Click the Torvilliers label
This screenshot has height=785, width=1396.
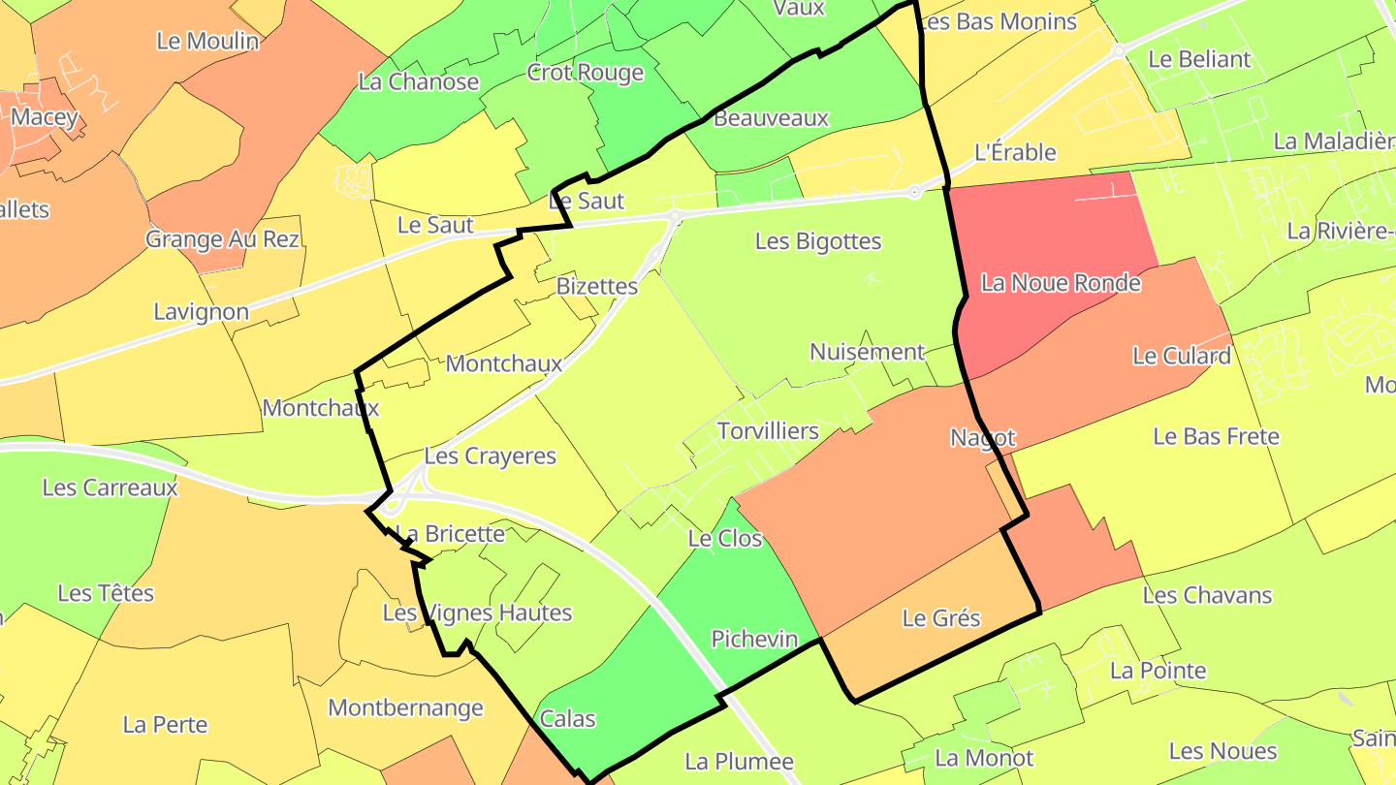(x=768, y=431)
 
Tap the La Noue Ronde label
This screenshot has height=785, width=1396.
(x=1061, y=283)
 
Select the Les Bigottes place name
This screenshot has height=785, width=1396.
(x=818, y=241)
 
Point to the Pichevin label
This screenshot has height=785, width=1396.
(x=754, y=639)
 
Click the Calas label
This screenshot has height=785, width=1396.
(x=567, y=719)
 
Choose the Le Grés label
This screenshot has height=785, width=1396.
(x=940, y=618)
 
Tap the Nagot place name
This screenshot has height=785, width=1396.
(x=982, y=438)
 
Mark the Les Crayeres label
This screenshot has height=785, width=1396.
(x=491, y=456)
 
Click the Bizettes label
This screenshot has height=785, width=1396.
(x=597, y=287)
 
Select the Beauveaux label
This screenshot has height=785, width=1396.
(x=771, y=118)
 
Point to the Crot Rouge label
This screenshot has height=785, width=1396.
(x=585, y=73)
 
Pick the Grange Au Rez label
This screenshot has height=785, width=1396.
(x=222, y=238)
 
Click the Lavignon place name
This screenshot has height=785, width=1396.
(x=201, y=312)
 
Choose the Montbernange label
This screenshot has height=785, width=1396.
(x=405, y=707)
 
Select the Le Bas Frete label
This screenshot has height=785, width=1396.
(x=1216, y=437)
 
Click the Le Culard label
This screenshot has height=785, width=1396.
(x=1181, y=356)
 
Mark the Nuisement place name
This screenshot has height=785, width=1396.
(x=867, y=352)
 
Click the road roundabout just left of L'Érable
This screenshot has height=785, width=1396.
(x=914, y=193)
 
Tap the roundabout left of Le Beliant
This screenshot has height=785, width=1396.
(x=1118, y=50)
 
